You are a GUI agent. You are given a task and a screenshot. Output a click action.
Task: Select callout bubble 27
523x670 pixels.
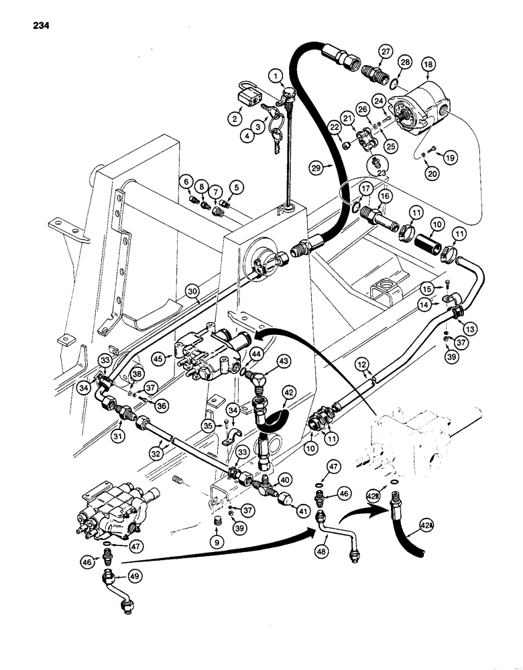(x=385, y=52)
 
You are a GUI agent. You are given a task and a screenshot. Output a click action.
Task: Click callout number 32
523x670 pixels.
(x=155, y=454)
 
